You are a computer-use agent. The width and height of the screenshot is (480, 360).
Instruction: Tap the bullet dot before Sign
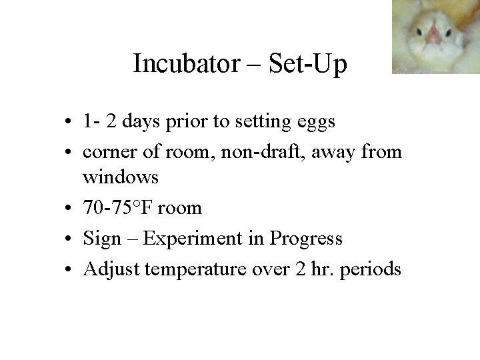pos(70,239)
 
